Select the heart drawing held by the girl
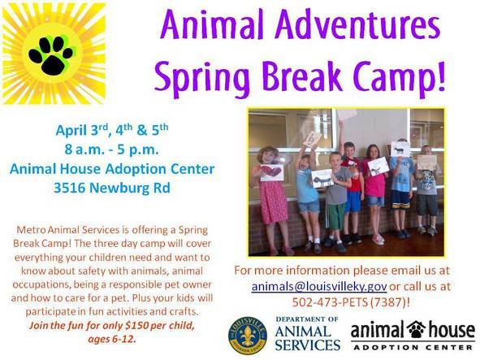coord(273,173)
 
